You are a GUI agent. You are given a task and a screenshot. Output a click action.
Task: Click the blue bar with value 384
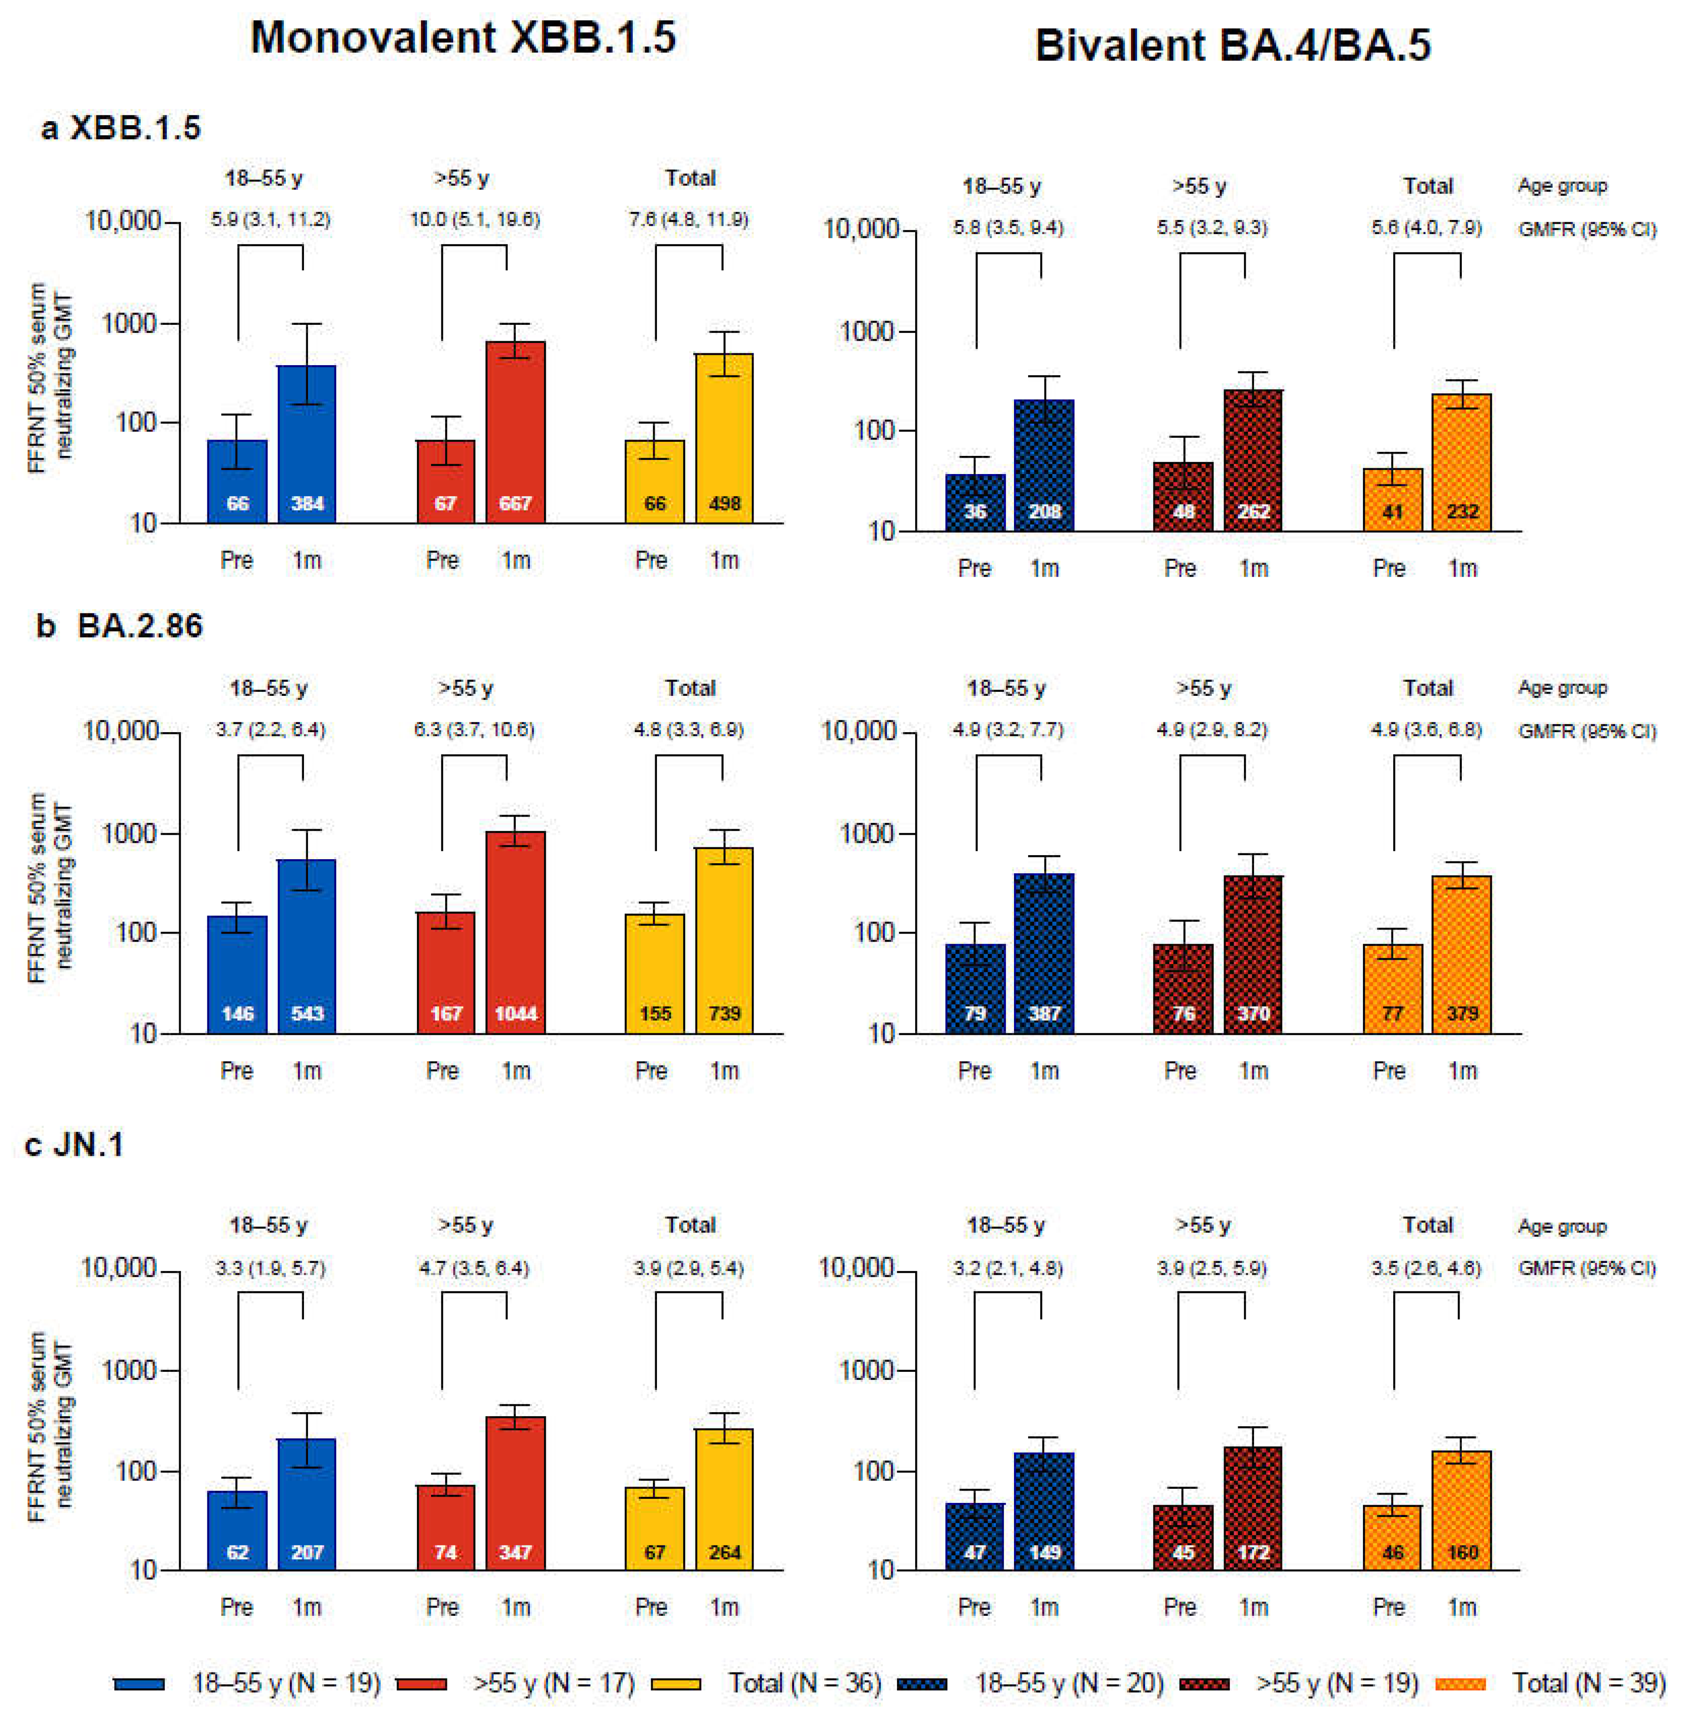click(307, 442)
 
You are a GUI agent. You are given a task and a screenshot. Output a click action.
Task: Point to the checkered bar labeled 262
click(1253, 460)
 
